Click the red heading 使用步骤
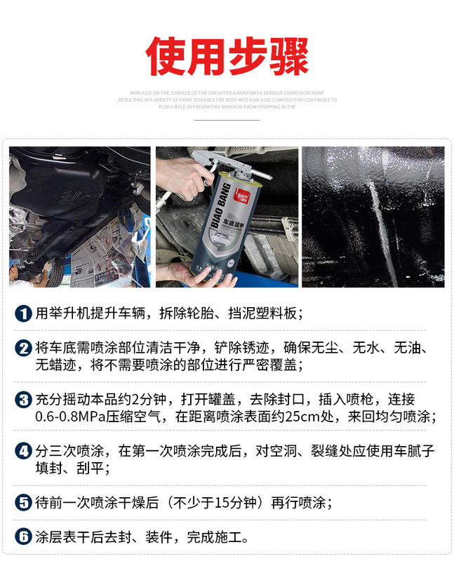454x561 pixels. point(227,55)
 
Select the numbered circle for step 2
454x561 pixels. point(24,349)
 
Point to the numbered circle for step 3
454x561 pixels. point(24,400)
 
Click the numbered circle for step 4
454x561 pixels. point(24,451)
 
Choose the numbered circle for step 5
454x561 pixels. point(24,503)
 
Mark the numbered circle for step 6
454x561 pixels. point(24,538)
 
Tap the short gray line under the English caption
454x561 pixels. point(227,120)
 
